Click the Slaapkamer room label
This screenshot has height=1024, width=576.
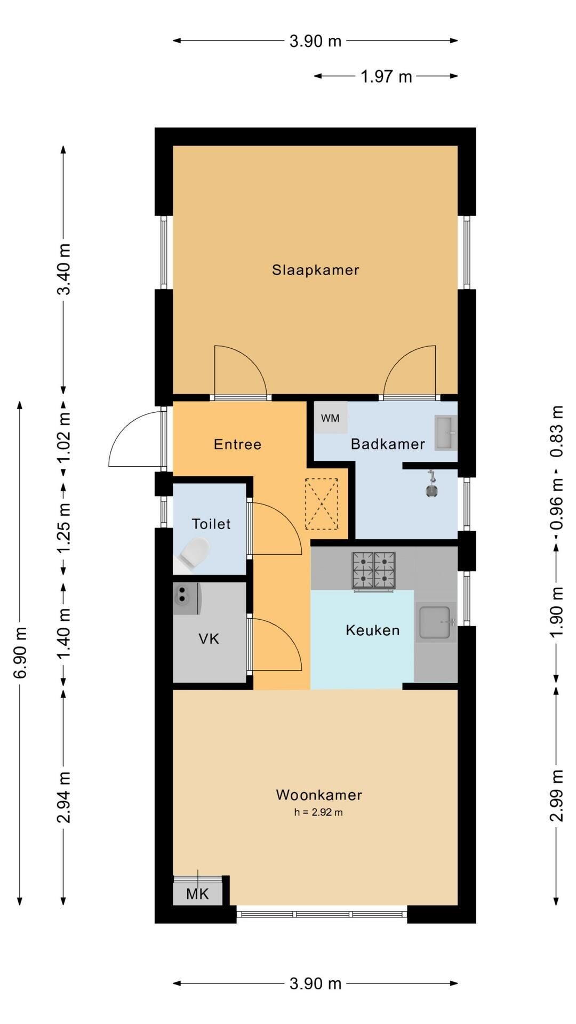315,270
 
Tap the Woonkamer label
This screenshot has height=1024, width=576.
319,795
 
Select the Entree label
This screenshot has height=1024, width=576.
237,444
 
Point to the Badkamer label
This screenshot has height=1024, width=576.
388,444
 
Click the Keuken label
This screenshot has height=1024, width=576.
372,630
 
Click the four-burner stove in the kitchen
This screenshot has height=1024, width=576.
373,571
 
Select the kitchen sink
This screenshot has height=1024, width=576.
436,622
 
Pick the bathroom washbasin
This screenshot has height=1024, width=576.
446,433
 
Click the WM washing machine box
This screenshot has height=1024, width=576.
330,418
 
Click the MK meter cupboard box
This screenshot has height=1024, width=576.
198,894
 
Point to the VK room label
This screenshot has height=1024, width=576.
209,639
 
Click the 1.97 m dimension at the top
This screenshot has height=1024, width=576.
386,77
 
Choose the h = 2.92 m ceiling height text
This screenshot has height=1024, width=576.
318,812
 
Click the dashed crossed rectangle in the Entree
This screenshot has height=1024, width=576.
322,504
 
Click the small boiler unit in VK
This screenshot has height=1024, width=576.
186,599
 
